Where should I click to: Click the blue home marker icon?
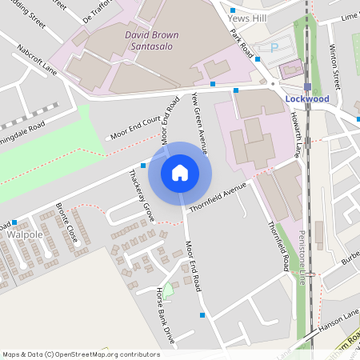179,172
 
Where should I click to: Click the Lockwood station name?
308,98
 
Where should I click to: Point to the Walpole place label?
24,236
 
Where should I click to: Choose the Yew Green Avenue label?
200,122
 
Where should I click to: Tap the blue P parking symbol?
274,48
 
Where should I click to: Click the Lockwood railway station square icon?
307,86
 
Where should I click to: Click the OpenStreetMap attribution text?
81,354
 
